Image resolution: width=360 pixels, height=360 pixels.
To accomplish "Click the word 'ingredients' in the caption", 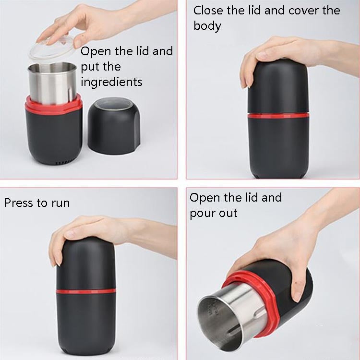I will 111,82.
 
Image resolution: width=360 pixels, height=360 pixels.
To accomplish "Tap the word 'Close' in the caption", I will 209,11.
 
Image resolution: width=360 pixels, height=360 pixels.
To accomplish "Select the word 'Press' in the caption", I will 19,203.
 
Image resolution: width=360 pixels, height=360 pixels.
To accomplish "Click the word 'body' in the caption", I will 207,26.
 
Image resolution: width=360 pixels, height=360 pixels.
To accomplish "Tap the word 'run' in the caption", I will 59,203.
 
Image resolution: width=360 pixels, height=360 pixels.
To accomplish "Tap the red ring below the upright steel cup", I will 53,106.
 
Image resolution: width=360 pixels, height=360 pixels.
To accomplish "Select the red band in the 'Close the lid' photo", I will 278,115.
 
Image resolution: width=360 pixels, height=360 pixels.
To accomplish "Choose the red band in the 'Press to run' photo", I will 86,291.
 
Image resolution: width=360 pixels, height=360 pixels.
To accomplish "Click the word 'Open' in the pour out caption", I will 205,198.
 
